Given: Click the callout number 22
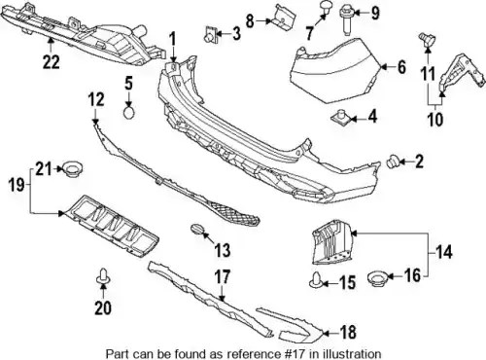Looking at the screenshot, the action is pyautogui.click(x=52, y=62).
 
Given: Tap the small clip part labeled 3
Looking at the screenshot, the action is pyautogui.click(x=209, y=35).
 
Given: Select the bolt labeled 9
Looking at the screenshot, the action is pyautogui.click(x=346, y=20).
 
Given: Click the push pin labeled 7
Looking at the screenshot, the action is pyautogui.click(x=325, y=7).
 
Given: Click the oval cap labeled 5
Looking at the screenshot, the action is pyautogui.click(x=129, y=113).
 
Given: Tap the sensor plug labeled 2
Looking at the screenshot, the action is pyautogui.click(x=393, y=161).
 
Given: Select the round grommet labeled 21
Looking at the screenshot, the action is pyautogui.click(x=73, y=169).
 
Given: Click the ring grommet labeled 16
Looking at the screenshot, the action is pyautogui.click(x=378, y=279).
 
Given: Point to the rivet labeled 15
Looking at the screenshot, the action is pyautogui.click(x=316, y=281).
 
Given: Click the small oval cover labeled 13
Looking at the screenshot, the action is pyautogui.click(x=197, y=229).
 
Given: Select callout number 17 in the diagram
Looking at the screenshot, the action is pyautogui.click(x=223, y=277).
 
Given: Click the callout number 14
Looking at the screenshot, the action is pyautogui.click(x=444, y=252).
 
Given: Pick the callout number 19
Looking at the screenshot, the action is pyautogui.click(x=17, y=185).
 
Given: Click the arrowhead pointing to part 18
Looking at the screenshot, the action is pyautogui.click(x=327, y=333).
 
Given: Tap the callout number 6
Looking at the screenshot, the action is pyautogui.click(x=401, y=67).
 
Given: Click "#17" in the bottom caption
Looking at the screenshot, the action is pyautogui.click(x=293, y=353).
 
